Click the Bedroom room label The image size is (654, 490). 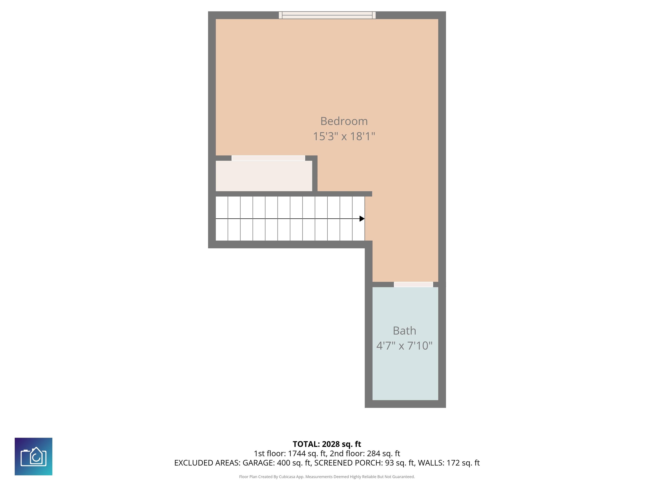[x=344, y=121]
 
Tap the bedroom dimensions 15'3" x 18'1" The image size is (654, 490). [x=344, y=137]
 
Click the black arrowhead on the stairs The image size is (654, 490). [x=362, y=219]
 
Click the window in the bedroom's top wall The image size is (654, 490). [x=327, y=15]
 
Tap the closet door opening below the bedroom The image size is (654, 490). [x=268, y=158]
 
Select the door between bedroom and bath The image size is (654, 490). [x=413, y=284]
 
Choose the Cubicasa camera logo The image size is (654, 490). [x=33, y=456]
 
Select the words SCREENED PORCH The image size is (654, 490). [x=348, y=463]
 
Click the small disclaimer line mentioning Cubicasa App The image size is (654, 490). [x=327, y=477]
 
